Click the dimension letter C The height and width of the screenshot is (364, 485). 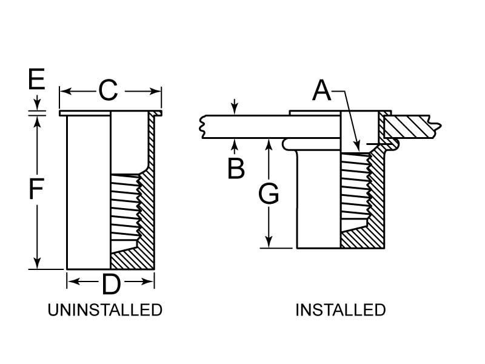[107, 91]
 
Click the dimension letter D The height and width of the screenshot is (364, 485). [110, 282]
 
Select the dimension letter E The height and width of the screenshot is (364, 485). [37, 79]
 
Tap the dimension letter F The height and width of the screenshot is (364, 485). [37, 190]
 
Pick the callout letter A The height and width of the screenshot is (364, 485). [322, 91]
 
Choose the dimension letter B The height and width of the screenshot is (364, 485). [236, 169]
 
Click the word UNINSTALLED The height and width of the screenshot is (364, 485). [105, 310]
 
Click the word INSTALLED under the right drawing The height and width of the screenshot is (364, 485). [340, 310]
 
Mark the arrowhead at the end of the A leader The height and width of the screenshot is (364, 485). [360, 146]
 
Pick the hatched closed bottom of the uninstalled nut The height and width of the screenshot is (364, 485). [133, 261]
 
